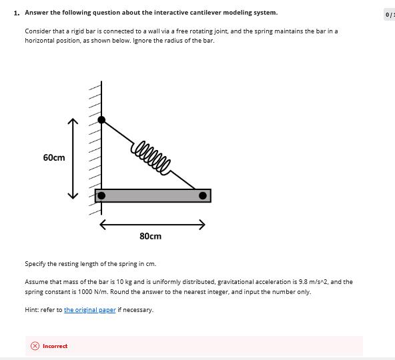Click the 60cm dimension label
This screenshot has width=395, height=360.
54,157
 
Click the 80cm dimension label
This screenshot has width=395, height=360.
150,236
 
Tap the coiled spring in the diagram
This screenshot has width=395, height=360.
151,155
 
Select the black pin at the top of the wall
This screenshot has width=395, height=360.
101,120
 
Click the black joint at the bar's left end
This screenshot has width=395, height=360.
101,195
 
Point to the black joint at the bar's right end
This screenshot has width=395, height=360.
202,195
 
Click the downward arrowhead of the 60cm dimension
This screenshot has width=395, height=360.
73,196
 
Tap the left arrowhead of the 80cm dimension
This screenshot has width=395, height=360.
103,225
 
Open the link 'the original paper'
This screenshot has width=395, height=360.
89,310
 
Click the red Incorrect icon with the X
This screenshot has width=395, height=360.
35,346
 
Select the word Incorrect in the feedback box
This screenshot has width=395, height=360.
55,346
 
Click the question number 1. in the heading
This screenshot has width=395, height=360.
17,13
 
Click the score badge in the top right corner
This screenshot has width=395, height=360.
389,14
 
